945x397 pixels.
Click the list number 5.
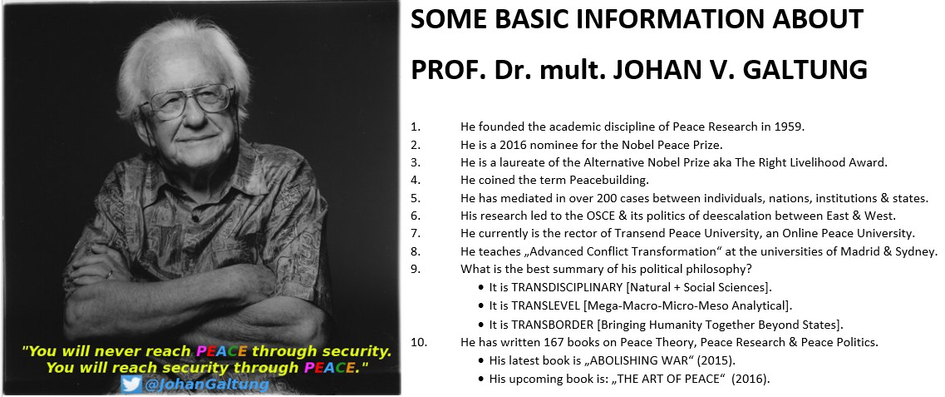click(x=415, y=198)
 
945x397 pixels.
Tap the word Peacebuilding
click(x=604, y=181)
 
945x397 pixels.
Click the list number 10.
click(x=418, y=341)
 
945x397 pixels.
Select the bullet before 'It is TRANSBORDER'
click(x=482, y=324)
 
